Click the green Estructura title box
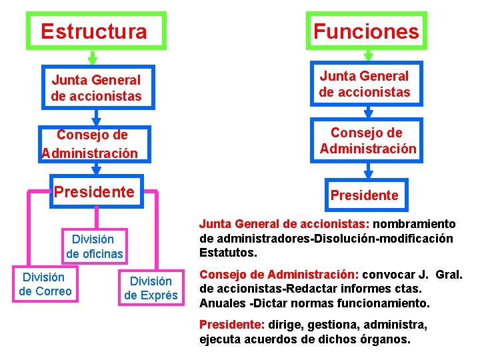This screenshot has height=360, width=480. coord(94,31)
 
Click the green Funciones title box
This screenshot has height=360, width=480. coord(366,31)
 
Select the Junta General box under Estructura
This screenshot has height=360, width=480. coord(97,88)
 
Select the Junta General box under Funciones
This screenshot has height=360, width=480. coord(365,84)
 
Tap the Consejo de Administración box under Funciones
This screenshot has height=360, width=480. coord(367,141)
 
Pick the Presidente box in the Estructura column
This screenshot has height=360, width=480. coord(94,193)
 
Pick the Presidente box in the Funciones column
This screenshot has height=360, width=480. coord(365,195)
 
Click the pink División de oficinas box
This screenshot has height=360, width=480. coord(94,246)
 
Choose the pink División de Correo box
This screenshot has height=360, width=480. coord(45,284)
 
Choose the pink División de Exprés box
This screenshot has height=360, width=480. coord(151,288)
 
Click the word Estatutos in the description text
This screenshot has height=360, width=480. coord(227,253)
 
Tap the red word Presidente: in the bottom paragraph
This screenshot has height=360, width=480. coord(232,325)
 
